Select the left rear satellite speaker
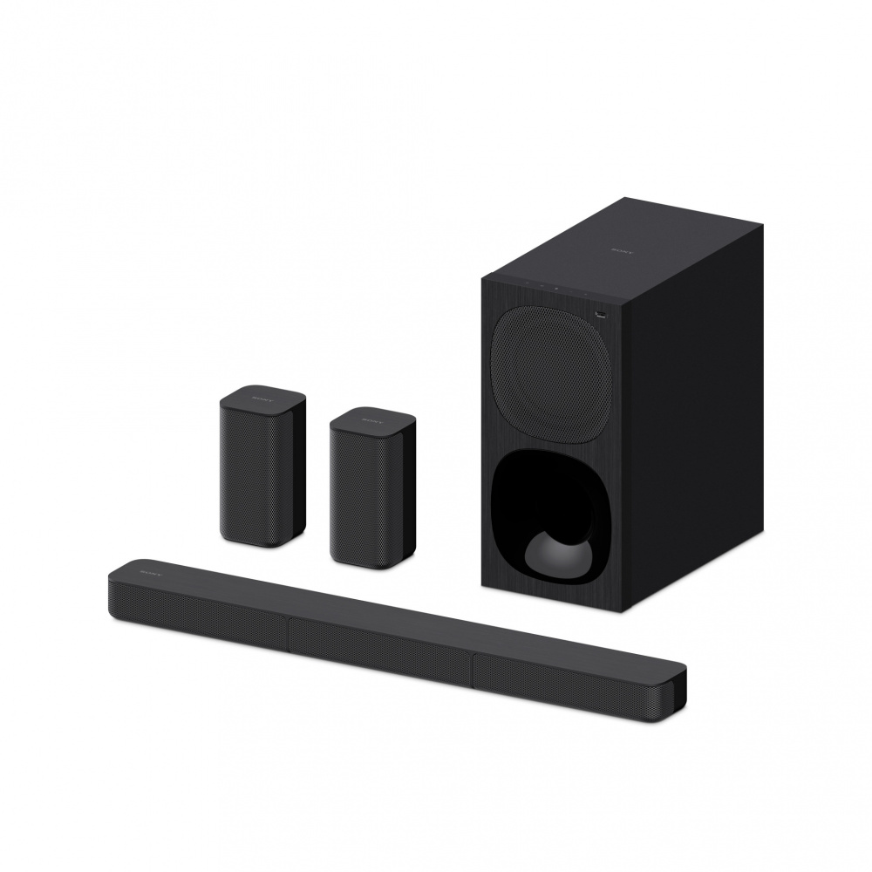click(x=262, y=467)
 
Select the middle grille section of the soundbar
click(x=379, y=646)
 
